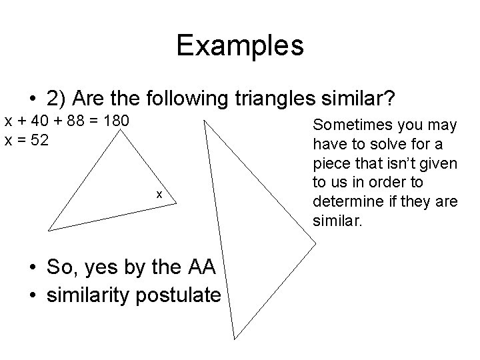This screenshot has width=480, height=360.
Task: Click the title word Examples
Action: point(240,46)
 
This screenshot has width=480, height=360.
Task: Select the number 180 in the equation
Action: point(119,122)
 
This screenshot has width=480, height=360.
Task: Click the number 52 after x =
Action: point(39,141)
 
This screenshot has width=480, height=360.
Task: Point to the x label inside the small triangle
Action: point(159,194)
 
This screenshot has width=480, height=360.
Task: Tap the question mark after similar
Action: point(391,99)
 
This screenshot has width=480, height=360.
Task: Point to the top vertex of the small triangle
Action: point(120,129)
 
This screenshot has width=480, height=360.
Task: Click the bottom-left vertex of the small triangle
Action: point(47,229)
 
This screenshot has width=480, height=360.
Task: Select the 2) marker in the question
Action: point(58,99)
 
